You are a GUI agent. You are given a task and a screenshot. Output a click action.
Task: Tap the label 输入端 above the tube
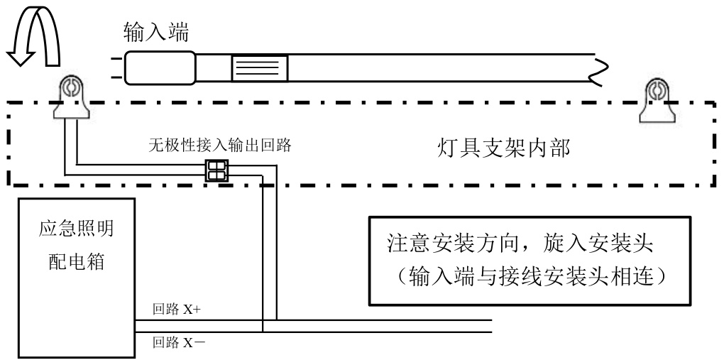(x=155, y=32)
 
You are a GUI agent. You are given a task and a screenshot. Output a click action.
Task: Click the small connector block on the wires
(x=216, y=170)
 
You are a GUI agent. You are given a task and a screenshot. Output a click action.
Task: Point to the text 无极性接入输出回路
(x=220, y=146)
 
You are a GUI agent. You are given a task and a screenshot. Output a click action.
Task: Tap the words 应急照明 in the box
(x=75, y=230)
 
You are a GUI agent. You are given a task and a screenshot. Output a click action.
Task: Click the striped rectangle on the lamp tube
(x=259, y=68)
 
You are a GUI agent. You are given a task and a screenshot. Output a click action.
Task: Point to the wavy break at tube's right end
(x=602, y=68)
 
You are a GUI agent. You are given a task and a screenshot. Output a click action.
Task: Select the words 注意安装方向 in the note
(x=458, y=244)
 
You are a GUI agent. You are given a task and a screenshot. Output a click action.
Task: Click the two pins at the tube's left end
(x=115, y=68)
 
